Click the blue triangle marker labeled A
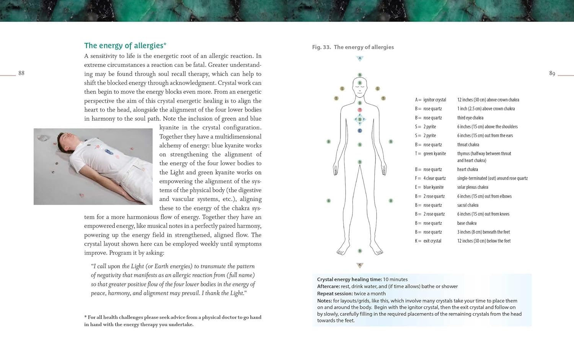[x=360, y=59]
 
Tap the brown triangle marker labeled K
[x=360, y=265]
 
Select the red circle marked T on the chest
[x=360, y=110]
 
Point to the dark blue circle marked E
[x=360, y=131]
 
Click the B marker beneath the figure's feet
[x=360, y=251]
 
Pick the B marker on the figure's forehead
[x=360, y=83]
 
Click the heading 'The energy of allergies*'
[x=125, y=46]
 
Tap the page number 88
[x=21, y=73]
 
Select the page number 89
[x=552, y=74]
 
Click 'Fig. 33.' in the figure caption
[x=321, y=47]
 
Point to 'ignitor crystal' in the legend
[x=435, y=100]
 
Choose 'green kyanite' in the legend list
[x=434, y=154]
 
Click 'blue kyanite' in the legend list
[x=434, y=187]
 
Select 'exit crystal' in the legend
[x=432, y=241]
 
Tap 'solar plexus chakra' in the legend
[x=473, y=187]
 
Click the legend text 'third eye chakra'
[x=470, y=118]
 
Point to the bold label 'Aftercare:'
[x=328, y=286]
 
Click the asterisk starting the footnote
[x=85, y=317]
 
